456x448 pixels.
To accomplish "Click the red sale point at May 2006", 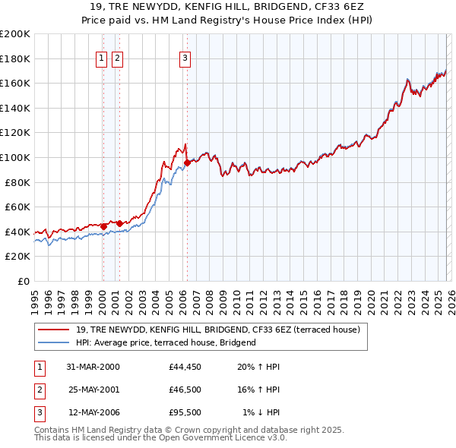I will coord(187,162).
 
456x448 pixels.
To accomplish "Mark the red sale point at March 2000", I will coord(104,226).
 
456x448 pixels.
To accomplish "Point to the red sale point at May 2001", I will coord(120,223).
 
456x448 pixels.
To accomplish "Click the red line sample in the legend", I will coord(54,330).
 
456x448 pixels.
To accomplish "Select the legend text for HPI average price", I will coord(166,342).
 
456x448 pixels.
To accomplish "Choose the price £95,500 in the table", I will coord(185,412).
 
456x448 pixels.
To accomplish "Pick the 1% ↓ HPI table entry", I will coord(260,412).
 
